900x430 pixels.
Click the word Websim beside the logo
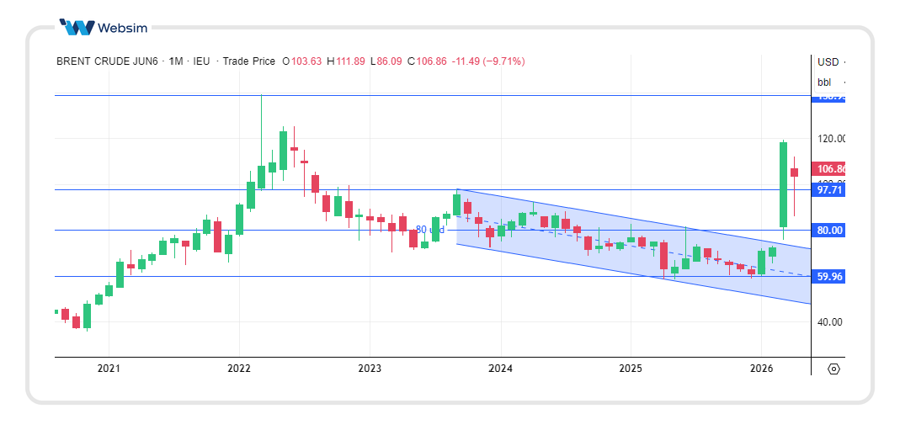tap(122, 28)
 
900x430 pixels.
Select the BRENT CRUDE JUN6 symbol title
tap(107, 61)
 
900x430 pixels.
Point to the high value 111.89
tap(350, 61)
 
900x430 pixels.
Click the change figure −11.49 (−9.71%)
tap(488, 61)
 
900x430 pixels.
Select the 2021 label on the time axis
tap(109, 369)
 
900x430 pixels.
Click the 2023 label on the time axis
tap(370, 369)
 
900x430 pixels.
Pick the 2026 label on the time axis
tap(761, 369)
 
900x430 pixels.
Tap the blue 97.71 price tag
tap(829, 190)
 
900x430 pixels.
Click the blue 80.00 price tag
tap(829, 230)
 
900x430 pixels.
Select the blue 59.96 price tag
tap(829, 276)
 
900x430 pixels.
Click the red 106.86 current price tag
tap(829, 169)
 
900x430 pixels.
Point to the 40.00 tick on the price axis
tap(830, 321)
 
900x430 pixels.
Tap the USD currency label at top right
tap(828, 61)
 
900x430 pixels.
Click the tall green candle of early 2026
tap(783, 185)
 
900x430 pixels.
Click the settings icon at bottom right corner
tap(833, 369)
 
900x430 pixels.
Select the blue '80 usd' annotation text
tap(430, 230)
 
